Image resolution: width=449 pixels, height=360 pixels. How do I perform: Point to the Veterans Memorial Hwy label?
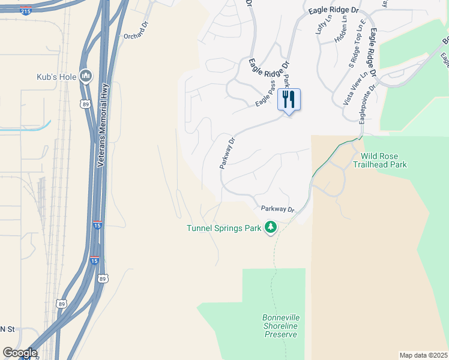(103, 126)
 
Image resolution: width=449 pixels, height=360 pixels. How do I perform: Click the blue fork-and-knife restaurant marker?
(289, 100)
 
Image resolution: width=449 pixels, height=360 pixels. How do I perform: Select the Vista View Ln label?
(355, 89)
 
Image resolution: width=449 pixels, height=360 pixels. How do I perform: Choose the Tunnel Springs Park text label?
(224, 228)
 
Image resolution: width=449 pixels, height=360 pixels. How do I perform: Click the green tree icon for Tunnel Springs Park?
(271, 227)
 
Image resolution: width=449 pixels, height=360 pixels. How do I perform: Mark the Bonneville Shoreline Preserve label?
(280, 326)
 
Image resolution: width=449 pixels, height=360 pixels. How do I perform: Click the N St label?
(7, 329)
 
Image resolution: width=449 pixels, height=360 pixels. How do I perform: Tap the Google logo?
(19, 353)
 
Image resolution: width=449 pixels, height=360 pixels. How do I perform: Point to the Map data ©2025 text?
(423, 355)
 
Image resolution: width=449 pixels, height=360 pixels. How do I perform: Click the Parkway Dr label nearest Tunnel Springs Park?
(278, 209)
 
